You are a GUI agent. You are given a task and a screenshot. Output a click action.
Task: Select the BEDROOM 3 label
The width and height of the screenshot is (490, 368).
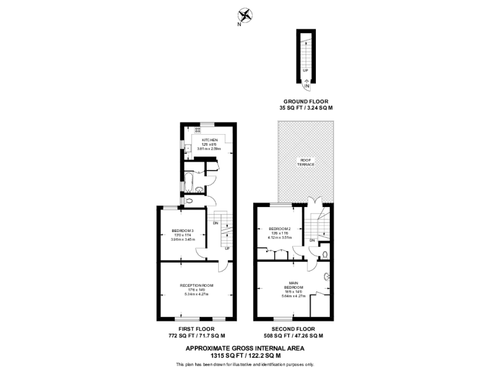pyautogui.click(x=182, y=230)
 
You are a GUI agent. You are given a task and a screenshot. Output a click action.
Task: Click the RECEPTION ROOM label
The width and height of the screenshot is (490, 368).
pyautogui.click(x=196, y=285)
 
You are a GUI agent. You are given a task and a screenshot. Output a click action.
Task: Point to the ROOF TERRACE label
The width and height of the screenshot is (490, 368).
pyautogui.click(x=306, y=162)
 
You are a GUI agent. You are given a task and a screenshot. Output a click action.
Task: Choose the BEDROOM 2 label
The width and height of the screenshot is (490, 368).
pyautogui.click(x=279, y=229)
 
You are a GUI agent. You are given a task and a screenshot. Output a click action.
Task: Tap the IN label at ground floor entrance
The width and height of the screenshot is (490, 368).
pyautogui.click(x=306, y=85)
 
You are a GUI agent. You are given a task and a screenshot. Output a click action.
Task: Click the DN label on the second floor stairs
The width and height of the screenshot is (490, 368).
pyautogui.click(x=312, y=240)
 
